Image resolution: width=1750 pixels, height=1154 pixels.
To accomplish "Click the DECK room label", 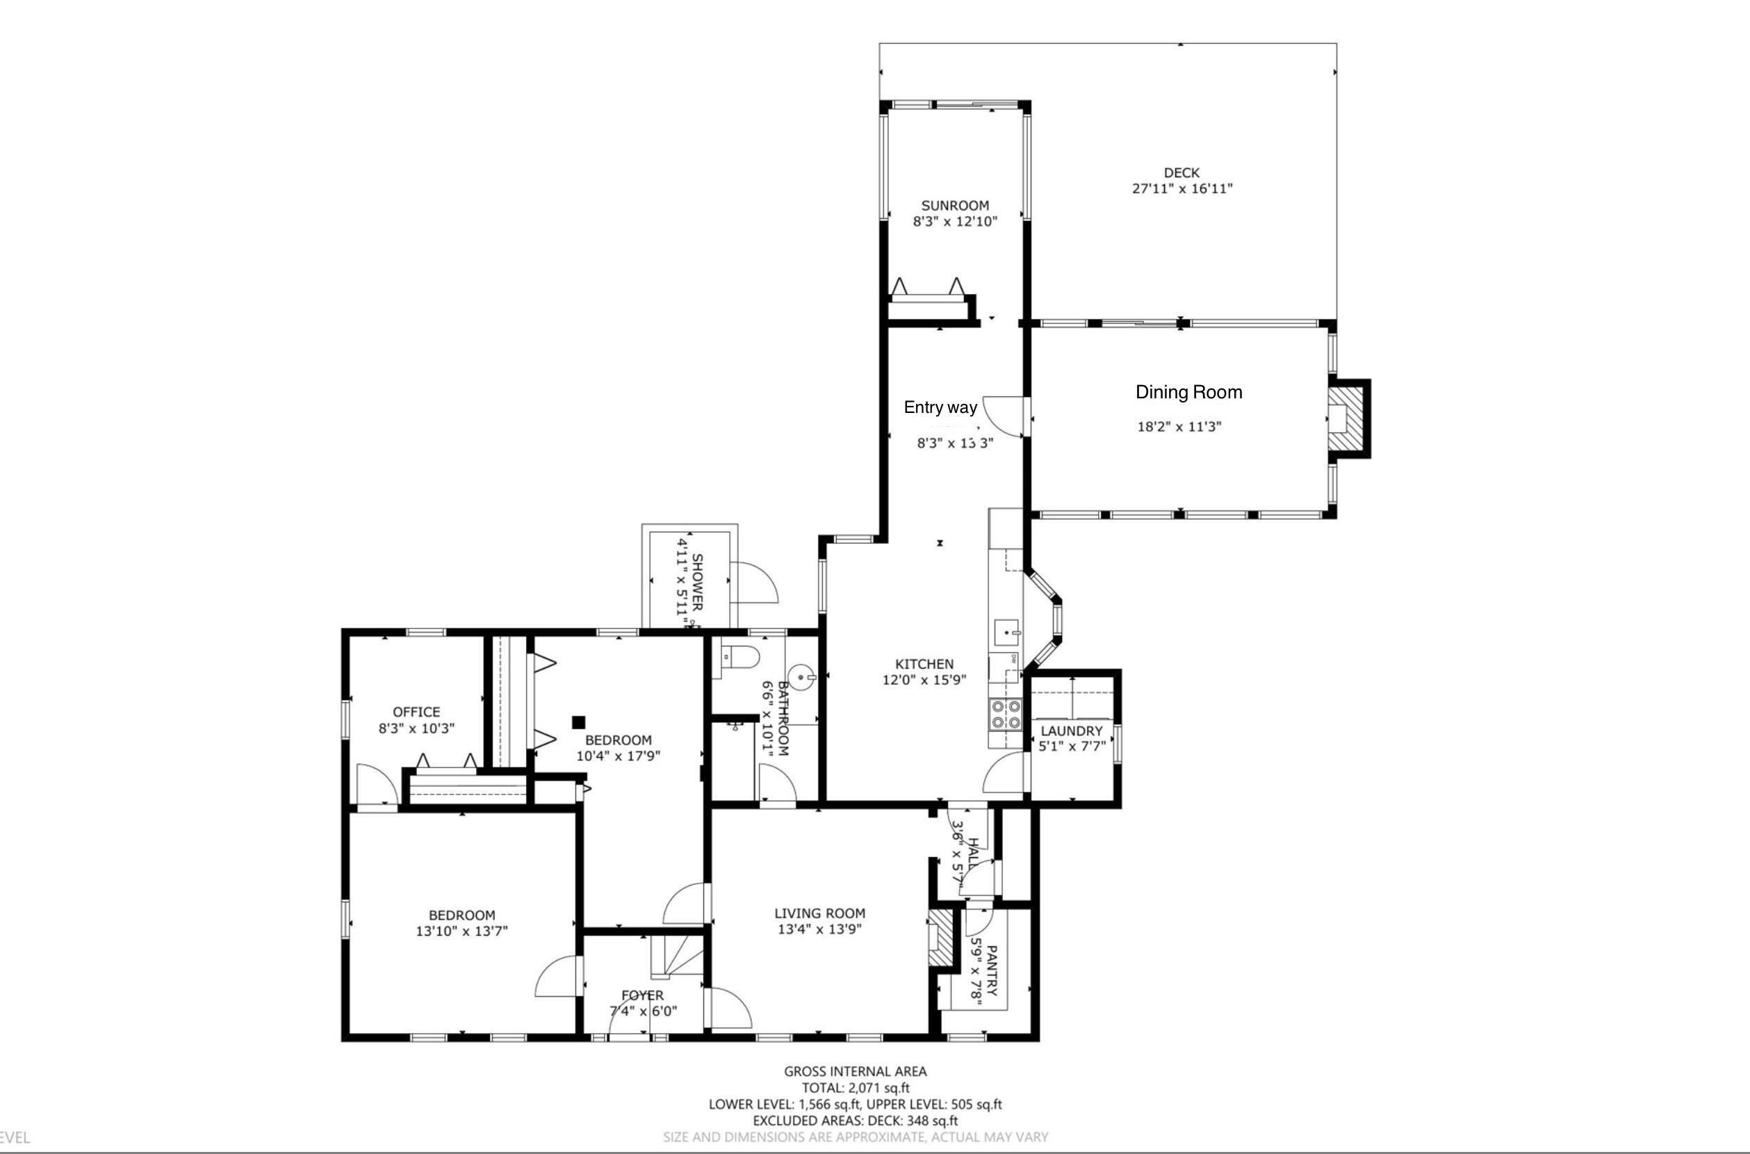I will (1181, 173).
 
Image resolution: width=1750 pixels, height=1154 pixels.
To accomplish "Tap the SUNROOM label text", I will (955, 206).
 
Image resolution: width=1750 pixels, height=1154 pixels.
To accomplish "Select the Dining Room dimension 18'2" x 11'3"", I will (1179, 427).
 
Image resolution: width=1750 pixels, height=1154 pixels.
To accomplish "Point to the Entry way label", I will (940, 407).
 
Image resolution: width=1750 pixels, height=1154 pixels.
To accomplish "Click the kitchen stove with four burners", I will (1006, 714).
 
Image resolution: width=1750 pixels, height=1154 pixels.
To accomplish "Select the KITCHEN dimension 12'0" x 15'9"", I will (924, 680).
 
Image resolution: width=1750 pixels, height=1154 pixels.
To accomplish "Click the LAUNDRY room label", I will (1071, 731).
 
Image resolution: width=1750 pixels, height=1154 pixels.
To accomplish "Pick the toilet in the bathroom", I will (739, 657).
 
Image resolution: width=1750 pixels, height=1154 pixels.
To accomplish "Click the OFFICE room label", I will (416, 712).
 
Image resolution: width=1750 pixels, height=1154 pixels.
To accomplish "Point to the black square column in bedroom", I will (579, 722).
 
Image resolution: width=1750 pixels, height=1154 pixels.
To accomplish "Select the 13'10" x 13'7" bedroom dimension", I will (461, 931).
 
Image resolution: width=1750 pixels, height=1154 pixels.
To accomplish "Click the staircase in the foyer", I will (677, 955).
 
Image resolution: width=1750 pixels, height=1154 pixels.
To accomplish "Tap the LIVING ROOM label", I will (819, 913).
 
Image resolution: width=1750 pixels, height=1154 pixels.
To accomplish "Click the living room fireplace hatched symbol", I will (940, 938).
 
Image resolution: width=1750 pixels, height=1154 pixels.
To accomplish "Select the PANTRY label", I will (991, 970).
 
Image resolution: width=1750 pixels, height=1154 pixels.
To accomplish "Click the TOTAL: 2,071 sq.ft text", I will (856, 1088).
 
